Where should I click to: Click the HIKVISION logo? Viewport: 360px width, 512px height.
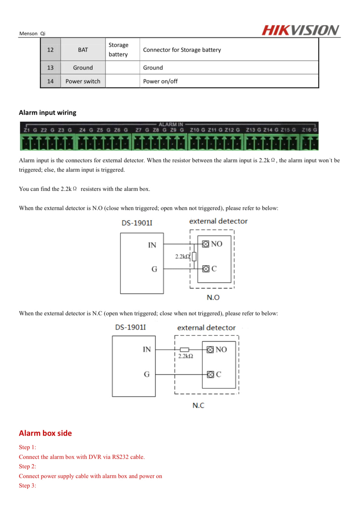300,30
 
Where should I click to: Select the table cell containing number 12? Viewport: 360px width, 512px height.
50,50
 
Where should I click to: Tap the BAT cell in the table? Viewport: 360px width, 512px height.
83,50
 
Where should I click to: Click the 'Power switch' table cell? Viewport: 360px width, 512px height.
83,81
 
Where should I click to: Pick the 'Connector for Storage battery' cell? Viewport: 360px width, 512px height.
182,50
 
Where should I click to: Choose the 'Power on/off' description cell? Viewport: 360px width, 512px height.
161,81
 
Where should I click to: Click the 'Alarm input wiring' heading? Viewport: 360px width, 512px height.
47,113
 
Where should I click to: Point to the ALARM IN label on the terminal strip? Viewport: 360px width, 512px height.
171,124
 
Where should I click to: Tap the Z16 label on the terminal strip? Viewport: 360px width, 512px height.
306,130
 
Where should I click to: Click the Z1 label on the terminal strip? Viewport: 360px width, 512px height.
27,130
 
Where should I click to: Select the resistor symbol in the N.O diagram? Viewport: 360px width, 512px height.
194,257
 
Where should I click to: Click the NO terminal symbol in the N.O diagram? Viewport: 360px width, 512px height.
205,244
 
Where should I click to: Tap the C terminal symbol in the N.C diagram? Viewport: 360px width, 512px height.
211,375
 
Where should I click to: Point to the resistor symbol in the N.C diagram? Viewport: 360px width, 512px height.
185,350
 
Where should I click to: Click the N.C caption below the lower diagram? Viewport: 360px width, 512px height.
198,405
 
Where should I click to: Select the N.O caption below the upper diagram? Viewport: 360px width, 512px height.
213,297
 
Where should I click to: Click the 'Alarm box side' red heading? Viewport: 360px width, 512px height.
45,433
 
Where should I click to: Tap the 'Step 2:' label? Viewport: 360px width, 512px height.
28,467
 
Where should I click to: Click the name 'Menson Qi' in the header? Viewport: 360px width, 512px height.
32,33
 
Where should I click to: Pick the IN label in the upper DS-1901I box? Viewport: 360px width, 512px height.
152,245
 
